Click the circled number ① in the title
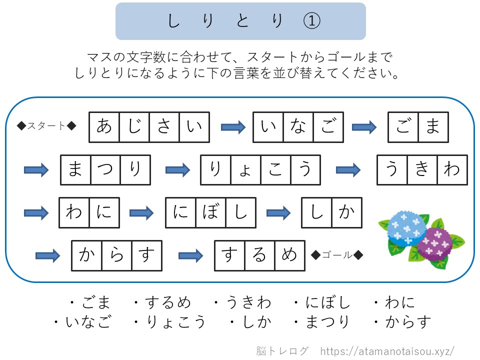coord(311,21)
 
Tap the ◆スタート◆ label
coord(46,126)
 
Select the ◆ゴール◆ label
coord(337,254)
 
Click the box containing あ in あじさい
coord(104,127)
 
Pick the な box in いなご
coord(298,127)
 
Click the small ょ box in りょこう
coord(245,170)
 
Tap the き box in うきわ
coord(422,170)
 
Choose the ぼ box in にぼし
coord(210,213)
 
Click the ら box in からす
coord(116,255)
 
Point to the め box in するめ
coord(290,255)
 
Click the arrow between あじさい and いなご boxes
coord(233,127)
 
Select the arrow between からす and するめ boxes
coord(190,255)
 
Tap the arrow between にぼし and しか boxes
coord(278,213)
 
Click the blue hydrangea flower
coord(406,227)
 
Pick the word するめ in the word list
coord(167,302)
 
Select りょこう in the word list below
coord(175,322)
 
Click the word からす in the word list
coord(408,322)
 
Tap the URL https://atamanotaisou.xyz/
coord(387,351)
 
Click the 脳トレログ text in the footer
coord(282,351)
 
